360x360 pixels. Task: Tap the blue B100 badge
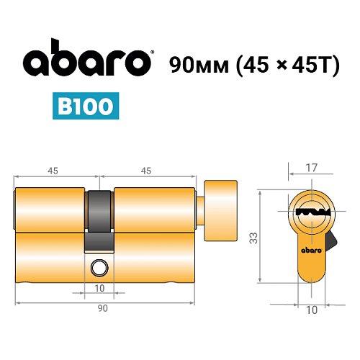[x=85, y=106]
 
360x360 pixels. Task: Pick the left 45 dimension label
[x=53, y=171]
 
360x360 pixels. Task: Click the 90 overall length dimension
[x=102, y=308]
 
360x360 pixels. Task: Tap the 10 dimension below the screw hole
[x=99, y=289]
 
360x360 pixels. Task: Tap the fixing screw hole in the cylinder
[x=98, y=269]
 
